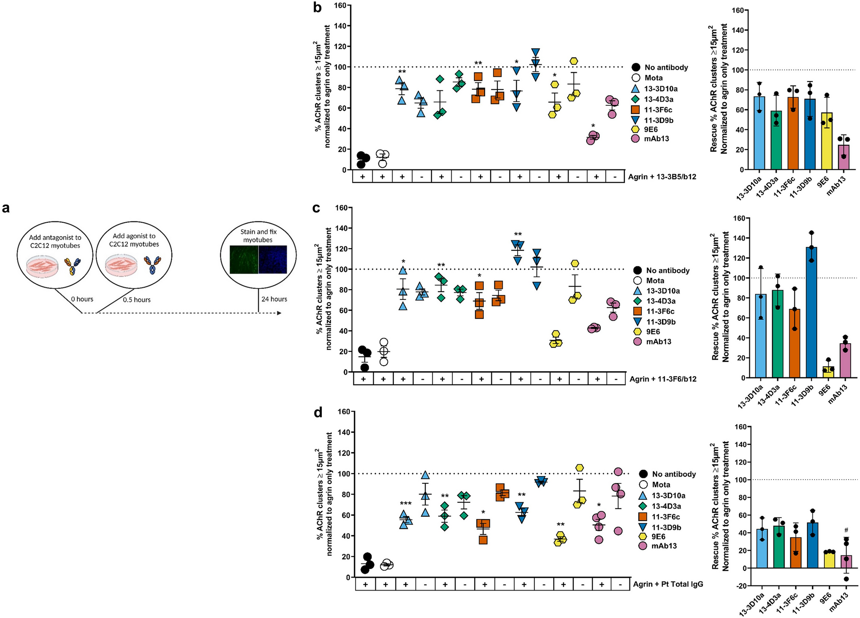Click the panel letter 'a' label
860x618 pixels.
(x=6, y=209)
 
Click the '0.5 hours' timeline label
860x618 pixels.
(x=137, y=300)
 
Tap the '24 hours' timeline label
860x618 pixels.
(x=274, y=299)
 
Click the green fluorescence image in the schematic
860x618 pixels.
(x=244, y=259)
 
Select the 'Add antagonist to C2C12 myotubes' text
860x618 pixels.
(x=55, y=241)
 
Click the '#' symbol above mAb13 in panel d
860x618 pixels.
(x=846, y=530)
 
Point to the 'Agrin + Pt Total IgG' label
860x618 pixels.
(x=668, y=584)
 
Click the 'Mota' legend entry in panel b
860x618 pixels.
(x=653, y=78)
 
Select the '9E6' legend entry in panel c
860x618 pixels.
(x=653, y=332)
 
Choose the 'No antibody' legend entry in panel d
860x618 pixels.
(x=674, y=474)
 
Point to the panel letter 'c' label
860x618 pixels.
(x=317, y=209)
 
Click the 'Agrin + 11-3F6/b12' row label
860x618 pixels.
(x=662, y=379)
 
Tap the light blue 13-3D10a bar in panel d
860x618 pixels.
(x=762, y=549)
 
